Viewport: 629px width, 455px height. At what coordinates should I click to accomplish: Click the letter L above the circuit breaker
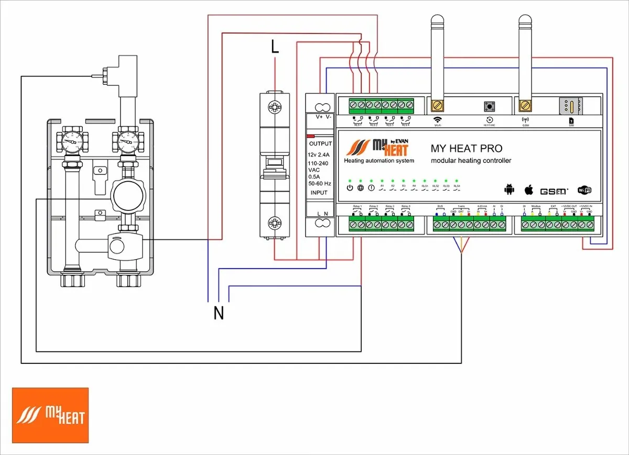[275, 47]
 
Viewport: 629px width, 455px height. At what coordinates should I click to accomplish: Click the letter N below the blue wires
[219, 313]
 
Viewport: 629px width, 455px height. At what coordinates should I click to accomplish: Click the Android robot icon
[508, 189]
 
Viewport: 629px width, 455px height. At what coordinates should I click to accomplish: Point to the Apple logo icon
[529, 189]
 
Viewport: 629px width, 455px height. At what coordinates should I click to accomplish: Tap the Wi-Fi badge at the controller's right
[584, 190]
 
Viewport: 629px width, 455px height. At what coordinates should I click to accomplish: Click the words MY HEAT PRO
[466, 149]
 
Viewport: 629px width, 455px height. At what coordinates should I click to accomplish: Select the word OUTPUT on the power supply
[320, 143]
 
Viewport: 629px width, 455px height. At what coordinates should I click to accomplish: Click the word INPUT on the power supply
[319, 193]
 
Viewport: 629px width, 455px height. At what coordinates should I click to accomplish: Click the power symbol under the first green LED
[350, 188]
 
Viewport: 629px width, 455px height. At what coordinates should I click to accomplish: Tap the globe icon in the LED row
[360, 188]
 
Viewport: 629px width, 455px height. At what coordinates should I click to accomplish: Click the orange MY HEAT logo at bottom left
[50, 415]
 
